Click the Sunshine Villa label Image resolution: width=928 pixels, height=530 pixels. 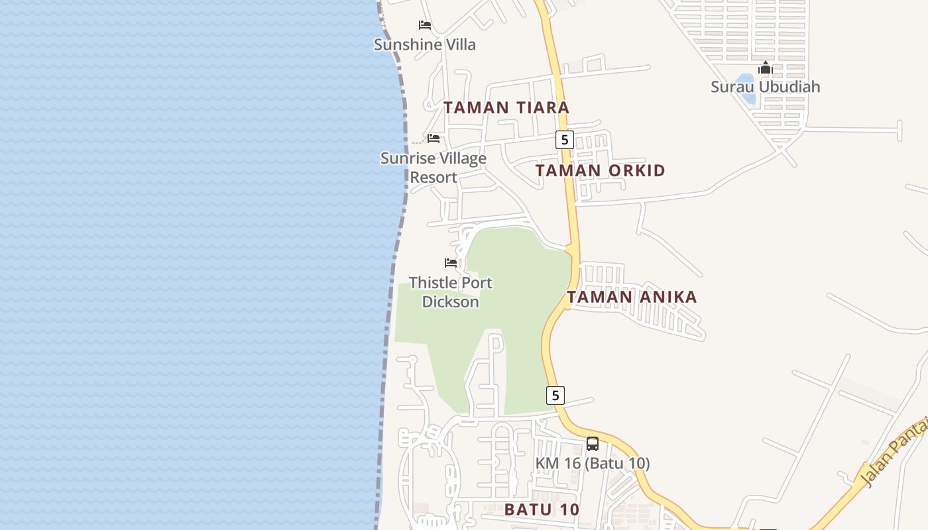coord(425,44)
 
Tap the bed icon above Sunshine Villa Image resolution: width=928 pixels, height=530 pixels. coord(425,25)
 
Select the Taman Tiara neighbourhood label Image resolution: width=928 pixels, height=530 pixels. coord(506,107)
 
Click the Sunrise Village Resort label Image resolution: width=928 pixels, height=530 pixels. coord(434,168)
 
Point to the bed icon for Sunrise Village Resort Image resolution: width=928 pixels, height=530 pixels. coord(434,138)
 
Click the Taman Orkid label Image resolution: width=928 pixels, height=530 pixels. coord(600,170)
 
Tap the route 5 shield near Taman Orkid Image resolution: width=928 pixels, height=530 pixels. coord(564,139)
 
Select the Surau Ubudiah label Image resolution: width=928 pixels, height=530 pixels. coord(765,87)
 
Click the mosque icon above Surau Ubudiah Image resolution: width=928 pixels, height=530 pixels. coord(766,68)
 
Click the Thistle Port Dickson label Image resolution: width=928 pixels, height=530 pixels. coord(451,292)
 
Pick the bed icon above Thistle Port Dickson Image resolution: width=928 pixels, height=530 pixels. coord(451,263)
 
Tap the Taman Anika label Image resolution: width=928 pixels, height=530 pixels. coord(632,297)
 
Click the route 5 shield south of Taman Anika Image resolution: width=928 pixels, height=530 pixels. coord(555,395)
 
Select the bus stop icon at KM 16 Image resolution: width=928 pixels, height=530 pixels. coord(593,443)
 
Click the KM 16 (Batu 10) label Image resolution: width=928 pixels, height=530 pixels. coord(593,463)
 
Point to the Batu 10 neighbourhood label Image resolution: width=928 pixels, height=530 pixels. coord(542,509)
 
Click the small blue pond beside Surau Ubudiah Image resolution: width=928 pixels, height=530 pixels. coord(746,89)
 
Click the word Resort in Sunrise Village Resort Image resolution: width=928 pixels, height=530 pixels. coord(434,178)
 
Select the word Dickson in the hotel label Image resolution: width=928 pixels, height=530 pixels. coord(451,302)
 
